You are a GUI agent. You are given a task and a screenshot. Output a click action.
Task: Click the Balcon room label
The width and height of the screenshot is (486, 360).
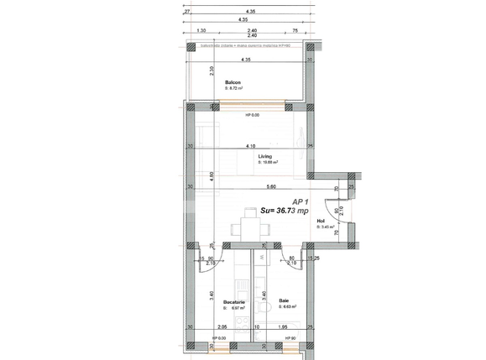(x=233, y=81)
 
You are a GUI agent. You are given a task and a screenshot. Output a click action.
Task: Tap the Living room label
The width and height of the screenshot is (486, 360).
(x=264, y=157)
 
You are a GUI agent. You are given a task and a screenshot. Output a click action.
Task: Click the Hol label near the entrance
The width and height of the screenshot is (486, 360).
(x=321, y=221)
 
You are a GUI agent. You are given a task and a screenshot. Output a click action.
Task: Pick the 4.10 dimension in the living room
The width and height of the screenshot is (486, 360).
(x=250, y=146)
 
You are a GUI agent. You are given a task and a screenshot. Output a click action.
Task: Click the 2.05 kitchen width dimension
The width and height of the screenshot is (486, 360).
(x=222, y=326)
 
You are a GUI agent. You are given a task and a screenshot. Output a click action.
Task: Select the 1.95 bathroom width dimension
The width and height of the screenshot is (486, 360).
(x=283, y=326)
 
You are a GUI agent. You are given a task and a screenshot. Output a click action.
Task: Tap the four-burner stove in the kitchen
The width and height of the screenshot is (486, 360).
(x=243, y=324)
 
